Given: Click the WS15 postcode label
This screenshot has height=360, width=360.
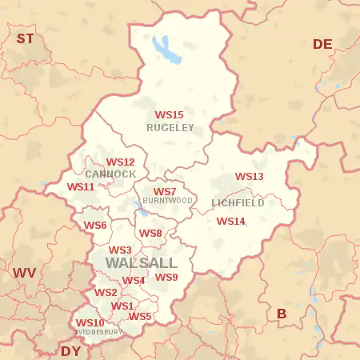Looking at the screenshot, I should coord(169,115).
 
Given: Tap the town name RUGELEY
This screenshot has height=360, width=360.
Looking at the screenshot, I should coord(170,127).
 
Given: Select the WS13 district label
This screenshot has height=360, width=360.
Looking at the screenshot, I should coord(249,177).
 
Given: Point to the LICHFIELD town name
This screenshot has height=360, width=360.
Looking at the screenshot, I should coord(238,203).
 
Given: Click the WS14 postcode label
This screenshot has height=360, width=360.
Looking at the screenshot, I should coord(230,221).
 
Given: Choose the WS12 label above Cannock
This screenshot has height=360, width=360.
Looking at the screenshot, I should coord(120,162).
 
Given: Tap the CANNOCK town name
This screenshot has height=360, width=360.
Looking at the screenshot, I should coord(110,174).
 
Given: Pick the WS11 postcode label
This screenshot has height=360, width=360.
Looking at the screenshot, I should coord(81,186).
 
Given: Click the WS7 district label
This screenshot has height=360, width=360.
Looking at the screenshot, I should coord(165,192).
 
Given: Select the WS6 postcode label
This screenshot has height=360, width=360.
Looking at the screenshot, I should coord(94,226).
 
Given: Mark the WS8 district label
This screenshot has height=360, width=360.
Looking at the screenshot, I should coord(150,234).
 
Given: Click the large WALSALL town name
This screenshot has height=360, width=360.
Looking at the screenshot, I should coord(141,263).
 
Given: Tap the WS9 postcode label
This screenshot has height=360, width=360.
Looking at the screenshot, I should coord(166,278).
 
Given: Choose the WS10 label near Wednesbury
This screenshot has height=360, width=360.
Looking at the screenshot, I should coord(90,322).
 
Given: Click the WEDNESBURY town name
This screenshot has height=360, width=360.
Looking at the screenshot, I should coord(98,331).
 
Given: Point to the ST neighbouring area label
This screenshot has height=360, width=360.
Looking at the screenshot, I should coord(26,38).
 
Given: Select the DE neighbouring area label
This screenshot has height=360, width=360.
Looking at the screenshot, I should coord(322,44).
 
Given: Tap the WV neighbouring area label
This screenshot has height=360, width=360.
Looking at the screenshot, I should coord(24,273).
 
